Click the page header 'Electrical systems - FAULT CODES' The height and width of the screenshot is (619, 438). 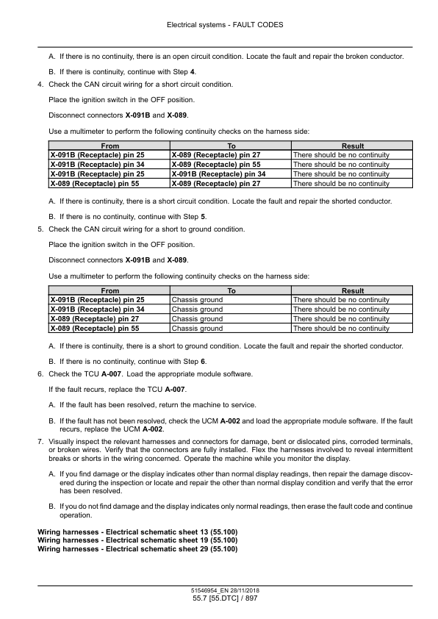(x=219, y=24)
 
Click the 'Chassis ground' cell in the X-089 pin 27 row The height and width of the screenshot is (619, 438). (x=197, y=319)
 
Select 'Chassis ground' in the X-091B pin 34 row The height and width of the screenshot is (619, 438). (x=197, y=309)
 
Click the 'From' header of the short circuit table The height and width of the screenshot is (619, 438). (x=109, y=146)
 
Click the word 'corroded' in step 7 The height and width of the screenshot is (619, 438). (x=335, y=440)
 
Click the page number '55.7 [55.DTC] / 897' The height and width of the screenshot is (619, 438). (x=219, y=600)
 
